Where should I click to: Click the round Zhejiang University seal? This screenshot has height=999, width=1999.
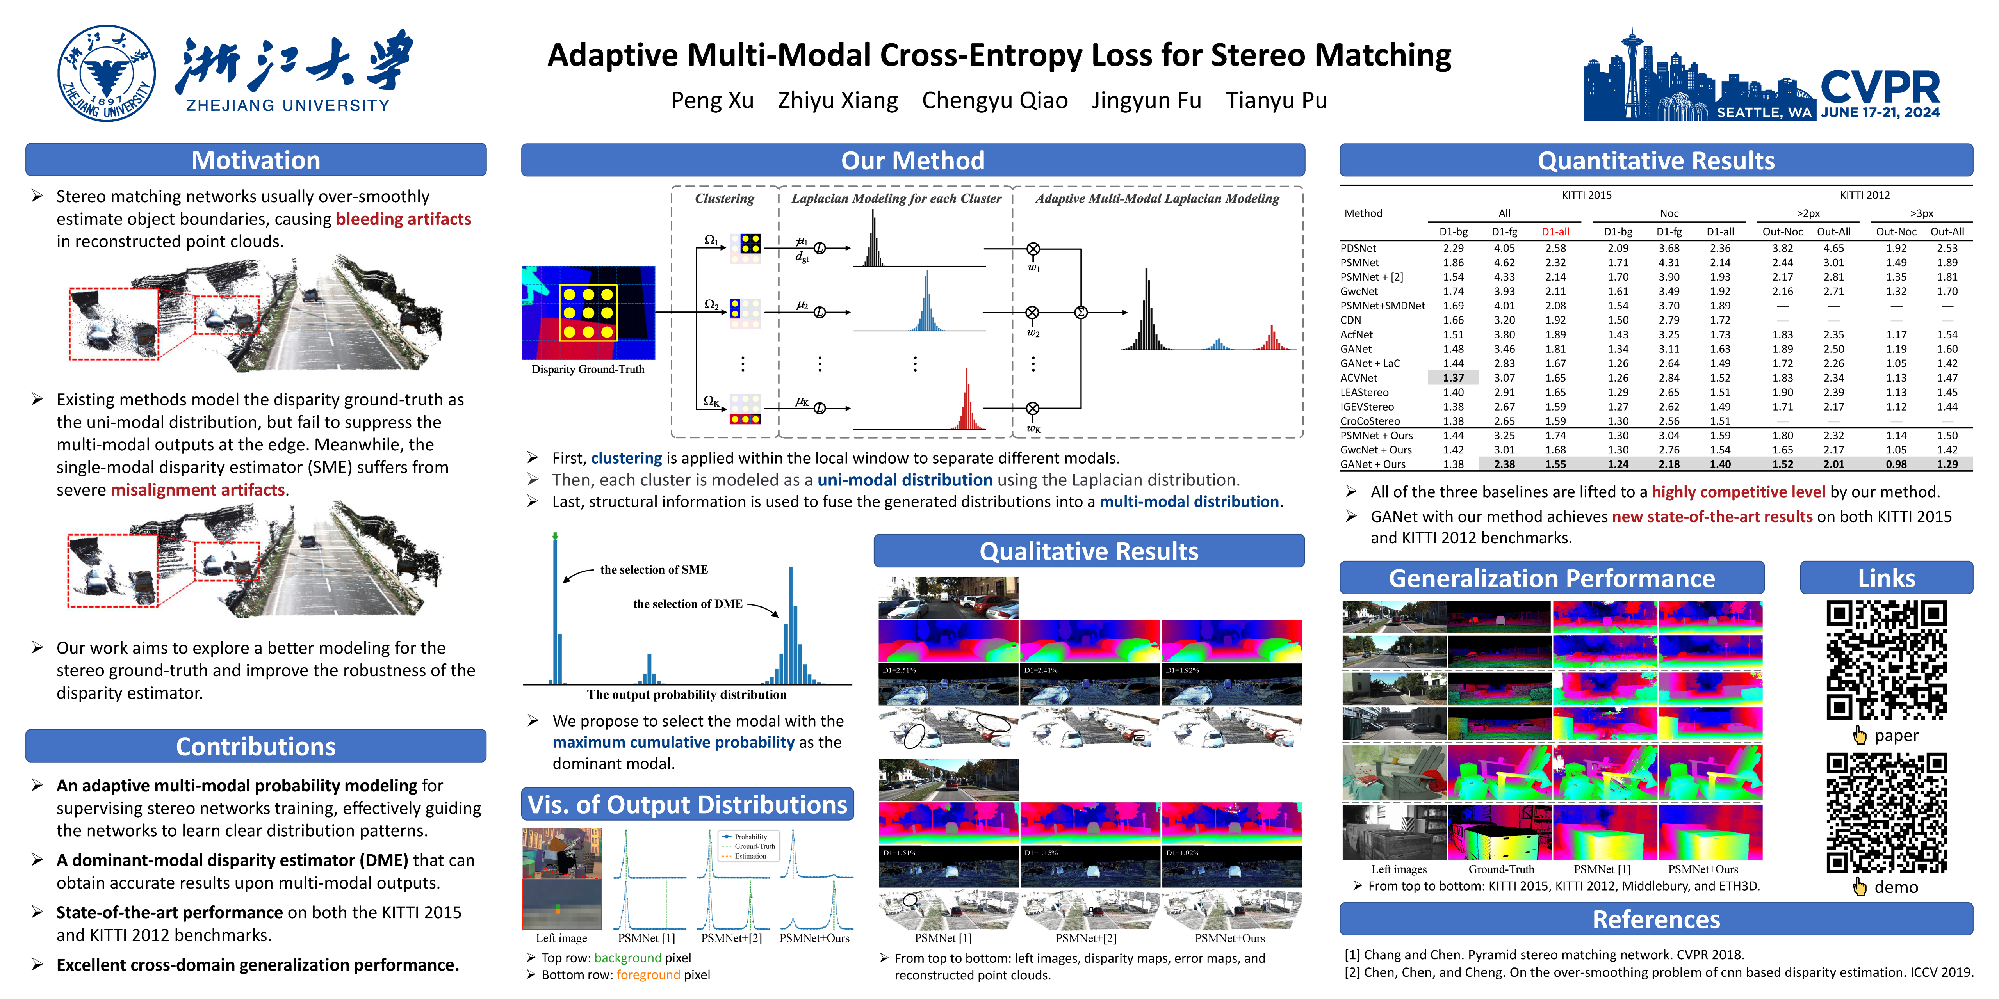106,74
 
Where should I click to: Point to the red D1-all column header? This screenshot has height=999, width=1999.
1555,231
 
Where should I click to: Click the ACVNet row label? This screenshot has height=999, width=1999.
1359,378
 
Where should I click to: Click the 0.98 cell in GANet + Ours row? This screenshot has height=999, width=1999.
1896,464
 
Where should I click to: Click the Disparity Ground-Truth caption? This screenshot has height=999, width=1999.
588,369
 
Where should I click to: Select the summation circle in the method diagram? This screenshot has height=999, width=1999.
1080,313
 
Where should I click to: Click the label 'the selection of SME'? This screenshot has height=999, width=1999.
654,569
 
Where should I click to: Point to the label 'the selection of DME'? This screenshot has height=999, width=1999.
688,603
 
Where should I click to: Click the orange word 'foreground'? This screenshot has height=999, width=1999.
648,975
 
